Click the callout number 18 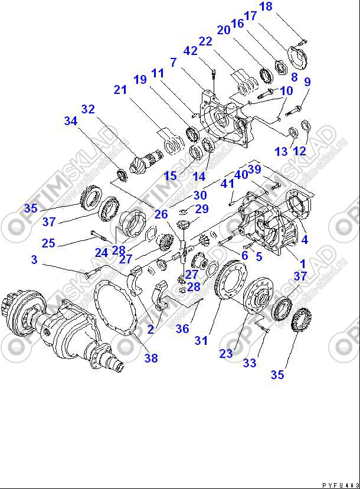[266, 7]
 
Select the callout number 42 [190, 51]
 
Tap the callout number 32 [88, 109]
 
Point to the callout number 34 [71, 122]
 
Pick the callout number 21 [120, 90]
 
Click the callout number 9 [307, 82]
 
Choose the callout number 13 [281, 152]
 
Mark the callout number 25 [48, 243]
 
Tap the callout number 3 [34, 260]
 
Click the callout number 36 [182, 330]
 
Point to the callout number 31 [202, 340]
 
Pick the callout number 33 [250, 363]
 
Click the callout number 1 [303, 263]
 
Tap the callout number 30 [200, 195]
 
